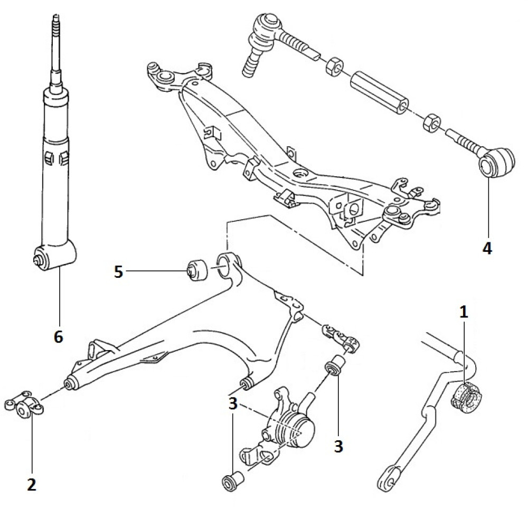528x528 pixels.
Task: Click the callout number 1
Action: point(464,312)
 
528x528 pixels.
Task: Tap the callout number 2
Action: point(31,485)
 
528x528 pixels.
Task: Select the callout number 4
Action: point(487,248)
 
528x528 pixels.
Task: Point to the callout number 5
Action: point(118,272)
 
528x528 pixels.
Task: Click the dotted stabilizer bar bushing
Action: point(466,398)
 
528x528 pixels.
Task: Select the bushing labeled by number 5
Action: point(197,269)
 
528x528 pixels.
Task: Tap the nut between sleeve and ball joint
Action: point(334,65)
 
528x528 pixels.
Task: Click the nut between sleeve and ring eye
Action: point(431,122)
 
